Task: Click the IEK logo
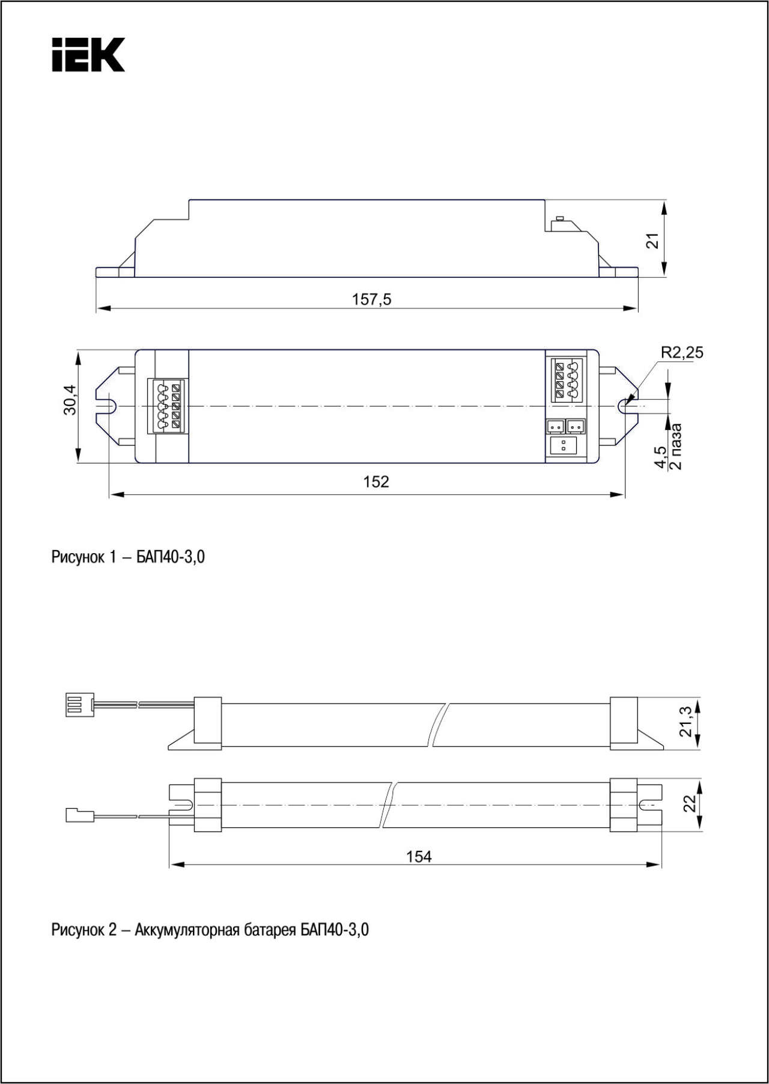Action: tap(88, 55)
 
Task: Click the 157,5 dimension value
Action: tap(371, 299)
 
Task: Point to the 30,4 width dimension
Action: tap(70, 399)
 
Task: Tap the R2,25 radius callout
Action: tap(682, 352)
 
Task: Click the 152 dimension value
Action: tap(376, 482)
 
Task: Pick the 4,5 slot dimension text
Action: tap(660, 457)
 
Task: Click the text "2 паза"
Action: tap(675, 447)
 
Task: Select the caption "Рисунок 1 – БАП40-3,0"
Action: tap(128, 557)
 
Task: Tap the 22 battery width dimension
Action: tap(690, 803)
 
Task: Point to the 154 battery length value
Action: tap(419, 857)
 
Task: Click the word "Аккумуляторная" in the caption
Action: tap(187, 930)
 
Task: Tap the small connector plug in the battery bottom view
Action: tap(79, 816)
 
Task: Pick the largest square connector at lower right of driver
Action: tap(563, 446)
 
